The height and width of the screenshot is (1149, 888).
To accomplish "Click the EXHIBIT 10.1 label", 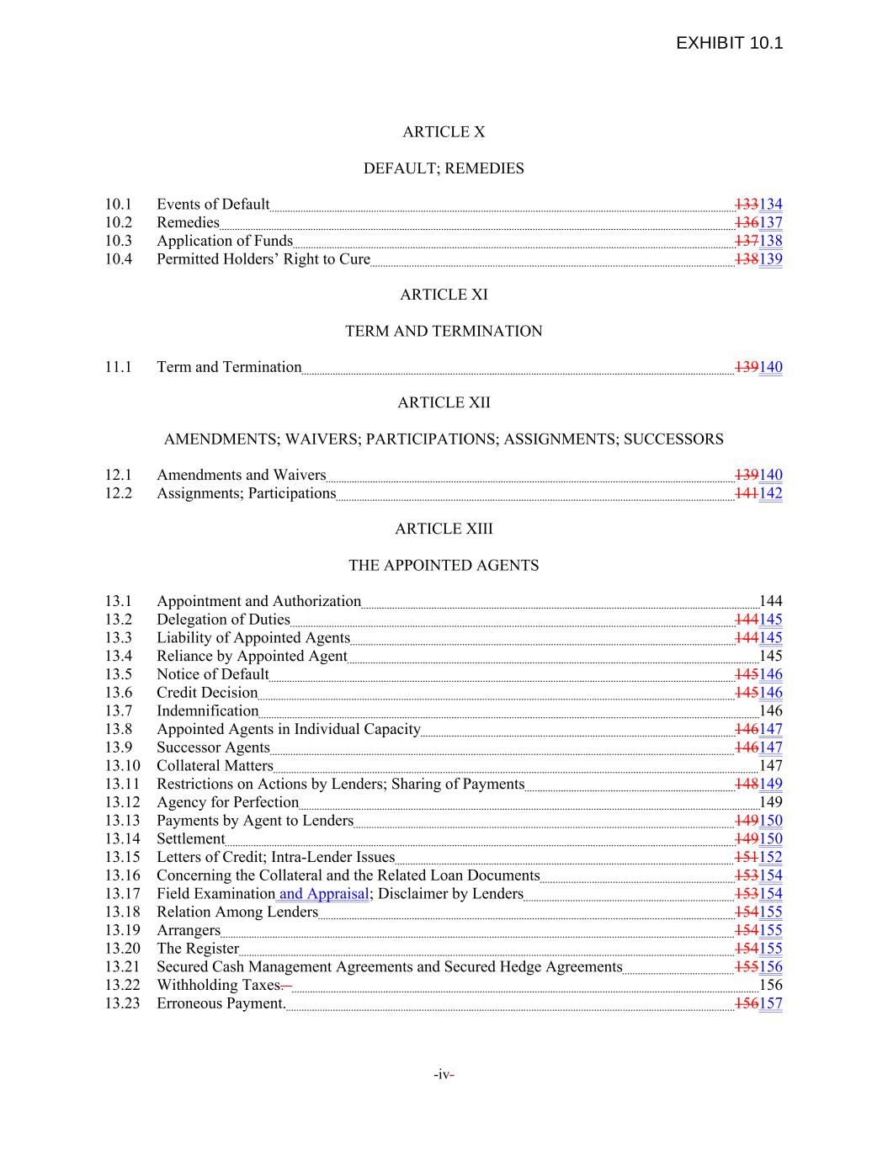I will coord(729,43).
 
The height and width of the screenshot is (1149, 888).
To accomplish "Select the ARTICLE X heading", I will coord(444,132).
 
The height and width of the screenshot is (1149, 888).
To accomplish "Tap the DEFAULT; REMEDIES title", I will coord(444,168).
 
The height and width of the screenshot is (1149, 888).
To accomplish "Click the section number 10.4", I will coord(119,259).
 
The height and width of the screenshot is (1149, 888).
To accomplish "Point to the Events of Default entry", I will coord(213,205).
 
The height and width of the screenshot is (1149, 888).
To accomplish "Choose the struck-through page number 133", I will coord(747,205).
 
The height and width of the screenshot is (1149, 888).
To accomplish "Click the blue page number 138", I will coord(771,241).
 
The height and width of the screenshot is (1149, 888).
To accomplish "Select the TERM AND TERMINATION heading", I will coord(444,332).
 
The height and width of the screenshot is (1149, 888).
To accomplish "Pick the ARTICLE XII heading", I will coord(444,403).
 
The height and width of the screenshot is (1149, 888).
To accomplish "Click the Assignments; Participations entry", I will coord(246,493).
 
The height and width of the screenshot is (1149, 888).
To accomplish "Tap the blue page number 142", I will coord(771,493).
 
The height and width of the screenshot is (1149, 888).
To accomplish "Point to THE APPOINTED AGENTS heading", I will coord(444,566).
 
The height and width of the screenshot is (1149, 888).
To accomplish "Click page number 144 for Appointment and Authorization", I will coord(771,601).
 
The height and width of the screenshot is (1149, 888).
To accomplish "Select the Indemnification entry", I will coord(207,711).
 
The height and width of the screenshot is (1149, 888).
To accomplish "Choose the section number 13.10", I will coord(122,766).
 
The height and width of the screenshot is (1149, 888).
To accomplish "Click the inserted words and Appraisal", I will coord(323,894).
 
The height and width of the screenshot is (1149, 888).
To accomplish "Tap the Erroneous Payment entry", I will coord(221,1003).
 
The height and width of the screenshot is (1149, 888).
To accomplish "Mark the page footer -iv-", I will coord(444,1075).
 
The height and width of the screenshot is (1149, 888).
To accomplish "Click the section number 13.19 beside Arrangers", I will coord(122,930).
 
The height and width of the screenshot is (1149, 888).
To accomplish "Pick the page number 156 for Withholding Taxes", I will coord(771,985).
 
